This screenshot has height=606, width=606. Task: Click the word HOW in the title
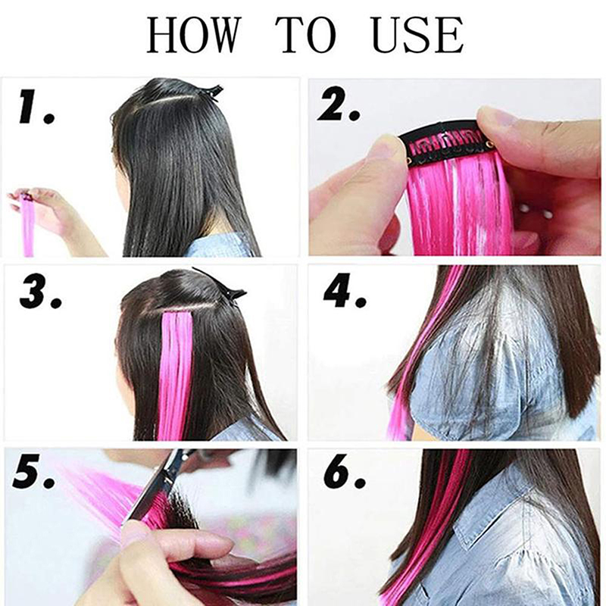coord(192,35)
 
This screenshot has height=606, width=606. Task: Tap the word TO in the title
coord(306,35)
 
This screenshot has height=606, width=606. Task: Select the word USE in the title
coord(417,35)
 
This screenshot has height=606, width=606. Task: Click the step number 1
coord(36,108)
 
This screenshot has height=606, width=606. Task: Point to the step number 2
coord(339,104)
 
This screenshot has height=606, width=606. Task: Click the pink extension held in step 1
coord(28,224)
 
